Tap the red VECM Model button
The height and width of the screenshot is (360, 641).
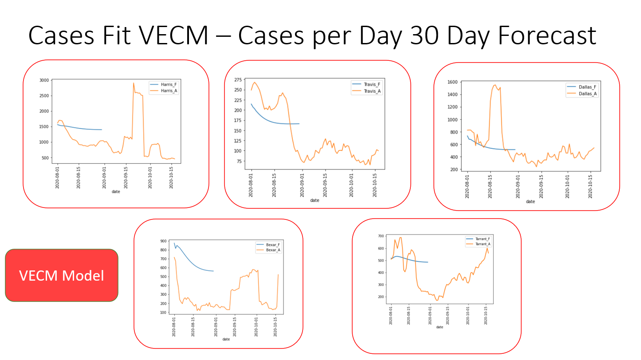click(x=62, y=276)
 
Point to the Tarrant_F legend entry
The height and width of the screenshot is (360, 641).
click(x=483, y=239)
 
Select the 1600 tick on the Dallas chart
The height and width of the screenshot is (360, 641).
click(x=452, y=82)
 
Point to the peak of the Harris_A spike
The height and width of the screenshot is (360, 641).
click(x=134, y=83)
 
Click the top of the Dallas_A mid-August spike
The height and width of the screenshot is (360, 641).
click(x=495, y=85)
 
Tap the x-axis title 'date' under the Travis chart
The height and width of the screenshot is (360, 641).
click(x=315, y=200)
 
